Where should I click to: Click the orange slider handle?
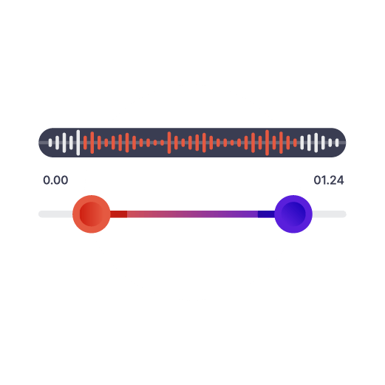[92, 214]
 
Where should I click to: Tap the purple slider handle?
[293, 214]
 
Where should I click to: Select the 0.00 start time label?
[55, 180]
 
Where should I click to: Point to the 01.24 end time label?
[329, 180]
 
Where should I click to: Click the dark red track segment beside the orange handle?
[119, 214]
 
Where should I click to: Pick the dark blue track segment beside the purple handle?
[266, 214]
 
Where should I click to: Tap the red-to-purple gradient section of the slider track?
[192, 214]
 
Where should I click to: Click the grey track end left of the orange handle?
[55, 214]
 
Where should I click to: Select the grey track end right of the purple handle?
[329, 214]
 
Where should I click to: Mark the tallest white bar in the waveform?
[78, 143]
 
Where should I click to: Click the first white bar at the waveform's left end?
[50, 143]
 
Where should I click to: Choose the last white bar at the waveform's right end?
[337, 143]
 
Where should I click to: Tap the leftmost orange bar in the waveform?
[85, 143]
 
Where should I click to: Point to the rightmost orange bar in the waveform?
[295, 143]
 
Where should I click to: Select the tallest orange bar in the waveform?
[267, 143]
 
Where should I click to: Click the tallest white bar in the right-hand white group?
[316, 143]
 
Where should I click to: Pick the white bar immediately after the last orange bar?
[302, 143]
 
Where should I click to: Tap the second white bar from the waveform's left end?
[57, 143]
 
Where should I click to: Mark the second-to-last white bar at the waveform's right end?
[330, 143]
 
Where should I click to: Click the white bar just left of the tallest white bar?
[71, 143]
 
